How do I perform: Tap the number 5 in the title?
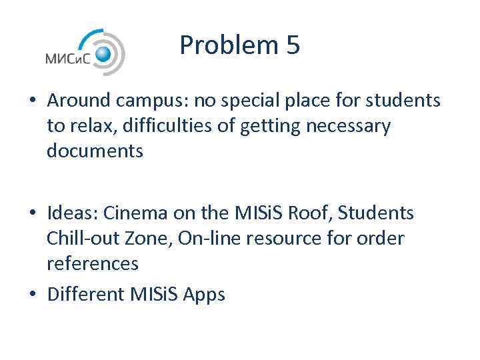293,45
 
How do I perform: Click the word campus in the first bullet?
155,101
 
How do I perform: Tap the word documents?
95,151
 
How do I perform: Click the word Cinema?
140,213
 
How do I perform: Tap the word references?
93,264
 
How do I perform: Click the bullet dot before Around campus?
32,101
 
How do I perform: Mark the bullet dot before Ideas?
32,213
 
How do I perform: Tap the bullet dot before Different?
32,293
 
